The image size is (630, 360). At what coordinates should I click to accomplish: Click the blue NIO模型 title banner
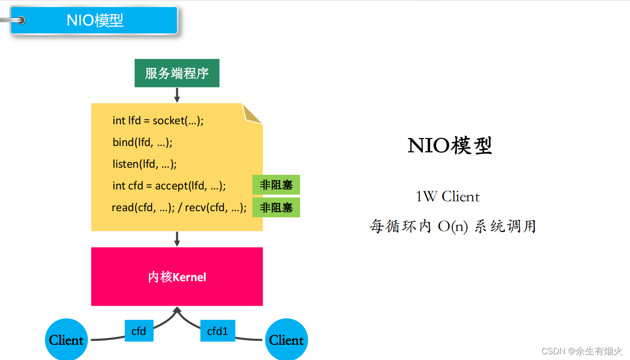[x=95, y=20]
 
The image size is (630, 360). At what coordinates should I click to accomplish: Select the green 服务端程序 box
[x=177, y=73]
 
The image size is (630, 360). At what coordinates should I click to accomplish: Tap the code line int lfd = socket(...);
[x=158, y=120]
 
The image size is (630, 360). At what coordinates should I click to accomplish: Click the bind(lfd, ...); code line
[x=142, y=142]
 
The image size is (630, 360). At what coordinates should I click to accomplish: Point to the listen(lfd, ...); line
[x=144, y=164]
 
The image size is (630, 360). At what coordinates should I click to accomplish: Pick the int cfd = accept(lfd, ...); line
[x=169, y=186]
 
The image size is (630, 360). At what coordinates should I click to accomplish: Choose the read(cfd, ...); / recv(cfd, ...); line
[x=179, y=207]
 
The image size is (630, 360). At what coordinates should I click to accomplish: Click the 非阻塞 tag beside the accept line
[x=276, y=185]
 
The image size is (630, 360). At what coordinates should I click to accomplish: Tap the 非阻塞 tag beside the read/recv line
[x=276, y=207]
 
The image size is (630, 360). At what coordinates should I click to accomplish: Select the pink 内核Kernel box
[x=177, y=276]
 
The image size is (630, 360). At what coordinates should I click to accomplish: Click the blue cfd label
[x=139, y=331]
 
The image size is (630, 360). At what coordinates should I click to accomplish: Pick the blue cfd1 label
[x=217, y=331]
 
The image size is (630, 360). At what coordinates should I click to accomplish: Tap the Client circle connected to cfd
[x=66, y=340]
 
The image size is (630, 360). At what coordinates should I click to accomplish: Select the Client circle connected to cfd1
[x=286, y=340]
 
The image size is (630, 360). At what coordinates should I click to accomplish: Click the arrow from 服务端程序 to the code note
[x=177, y=95]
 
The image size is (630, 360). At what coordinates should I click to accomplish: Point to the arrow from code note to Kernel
[x=177, y=239]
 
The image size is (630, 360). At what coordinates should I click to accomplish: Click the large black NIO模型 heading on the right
[x=449, y=146]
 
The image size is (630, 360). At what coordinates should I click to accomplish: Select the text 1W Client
[x=448, y=197]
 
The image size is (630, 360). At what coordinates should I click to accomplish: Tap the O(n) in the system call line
[x=452, y=226]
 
